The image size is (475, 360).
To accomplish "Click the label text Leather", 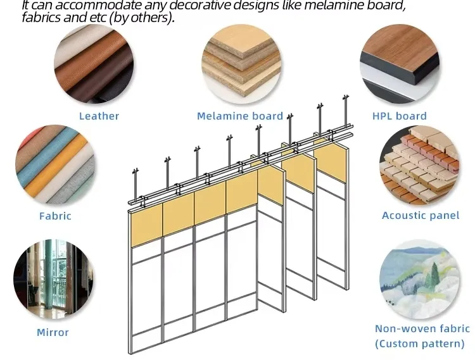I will (x=99, y=116).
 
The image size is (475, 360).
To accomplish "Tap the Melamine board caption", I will (x=240, y=116).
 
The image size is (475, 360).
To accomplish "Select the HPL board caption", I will (x=400, y=116).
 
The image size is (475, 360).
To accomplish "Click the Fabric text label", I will (x=55, y=216).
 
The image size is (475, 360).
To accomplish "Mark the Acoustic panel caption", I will (x=421, y=216).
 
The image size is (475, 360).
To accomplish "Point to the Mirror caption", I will (x=53, y=332).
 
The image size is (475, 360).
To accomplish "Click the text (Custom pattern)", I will (x=419, y=344).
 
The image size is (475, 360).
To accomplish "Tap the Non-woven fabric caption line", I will (x=422, y=328).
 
